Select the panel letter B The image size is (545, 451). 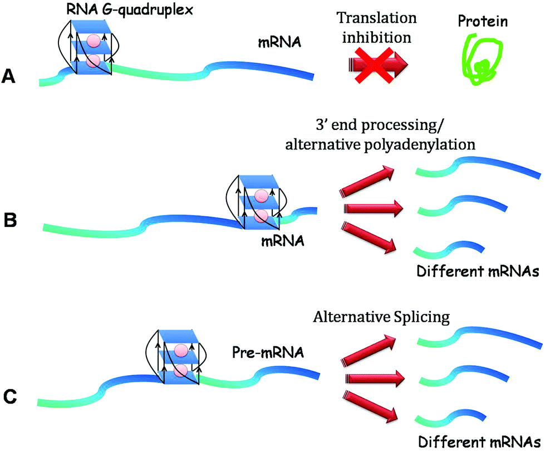pos(10,220)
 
